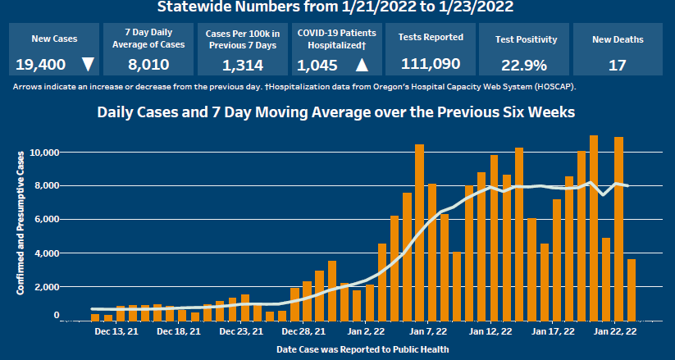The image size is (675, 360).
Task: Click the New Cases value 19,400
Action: pyautogui.click(x=39, y=64)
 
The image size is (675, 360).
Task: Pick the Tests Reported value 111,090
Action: pyautogui.click(x=431, y=63)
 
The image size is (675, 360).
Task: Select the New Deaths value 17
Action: pyautogui.click(x=617, y=64)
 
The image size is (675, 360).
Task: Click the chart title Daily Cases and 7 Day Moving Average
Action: pyautogui.click(x=336, y=112)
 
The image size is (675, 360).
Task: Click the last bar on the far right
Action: pyautogui.click(x=631, y=289)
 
